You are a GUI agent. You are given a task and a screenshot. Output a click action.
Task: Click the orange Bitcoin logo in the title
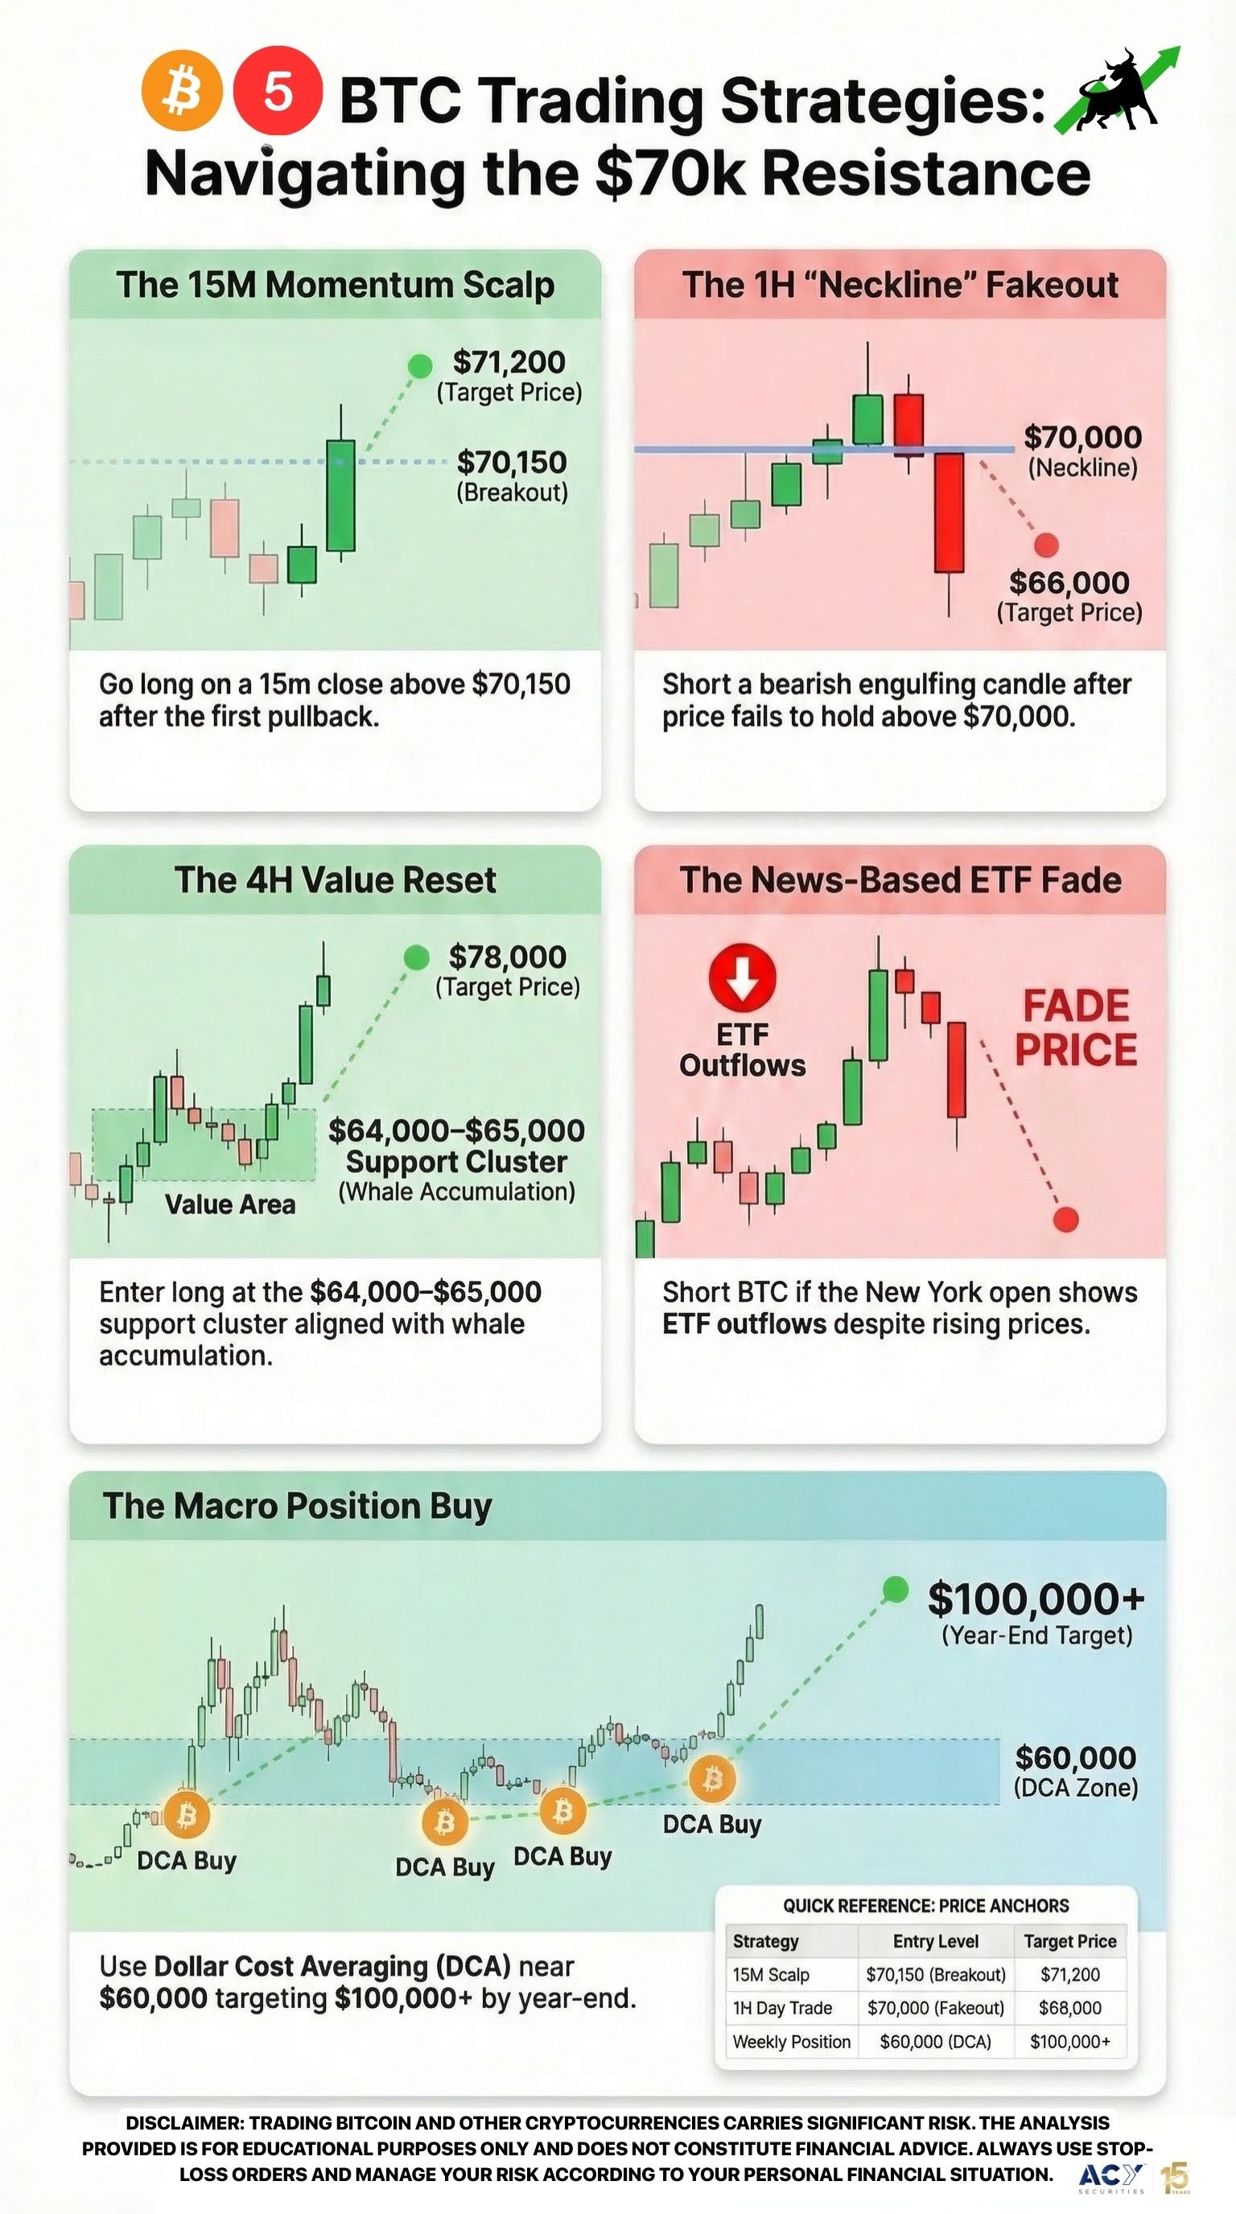(x=181, y=91)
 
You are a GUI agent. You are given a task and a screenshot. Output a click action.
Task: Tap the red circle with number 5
(x=278, y=91)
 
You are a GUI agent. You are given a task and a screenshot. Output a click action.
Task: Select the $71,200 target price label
(x=509, y=363)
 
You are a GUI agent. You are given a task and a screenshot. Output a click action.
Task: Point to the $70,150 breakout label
(x=512, y=463)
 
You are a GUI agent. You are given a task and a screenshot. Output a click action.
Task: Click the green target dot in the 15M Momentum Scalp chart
(x=419, y=366)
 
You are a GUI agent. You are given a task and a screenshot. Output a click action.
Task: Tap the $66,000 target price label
(x=1069, y=582)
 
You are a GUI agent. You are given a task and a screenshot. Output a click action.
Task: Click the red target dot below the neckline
(x=1046, y=545)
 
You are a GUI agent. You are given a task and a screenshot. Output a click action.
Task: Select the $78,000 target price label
(x=507, y=957)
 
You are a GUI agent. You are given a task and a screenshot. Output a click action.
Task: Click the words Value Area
(x=229, y=1204)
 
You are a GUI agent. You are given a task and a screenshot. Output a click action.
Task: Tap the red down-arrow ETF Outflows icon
(x=743, y=977)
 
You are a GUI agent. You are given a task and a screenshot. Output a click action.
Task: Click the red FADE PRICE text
(x=1075, y=1028)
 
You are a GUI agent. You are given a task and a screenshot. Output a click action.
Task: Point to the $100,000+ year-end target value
(x=1036, y=1599)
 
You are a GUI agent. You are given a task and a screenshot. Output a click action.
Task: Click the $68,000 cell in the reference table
(x=1069, y=2008)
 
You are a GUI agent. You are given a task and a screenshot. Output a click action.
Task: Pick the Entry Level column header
(x=935, y=1940)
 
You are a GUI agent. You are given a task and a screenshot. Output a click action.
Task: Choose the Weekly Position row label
(x=791, y=2041)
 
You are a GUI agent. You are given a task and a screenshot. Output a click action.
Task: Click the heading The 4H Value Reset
(x=336, y=880)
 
